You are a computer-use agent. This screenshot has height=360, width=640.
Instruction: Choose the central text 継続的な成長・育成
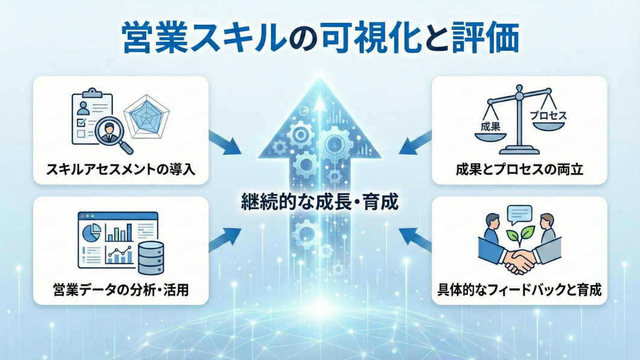point(319,201)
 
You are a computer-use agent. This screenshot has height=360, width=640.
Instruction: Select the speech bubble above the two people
point(519,213)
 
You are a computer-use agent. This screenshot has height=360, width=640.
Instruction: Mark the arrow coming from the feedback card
point(416,237)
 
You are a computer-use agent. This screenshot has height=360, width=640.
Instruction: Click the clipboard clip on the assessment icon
point(91,93)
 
